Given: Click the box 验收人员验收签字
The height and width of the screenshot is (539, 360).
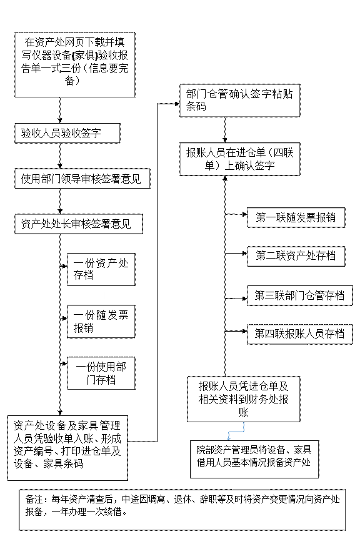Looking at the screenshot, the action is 67,134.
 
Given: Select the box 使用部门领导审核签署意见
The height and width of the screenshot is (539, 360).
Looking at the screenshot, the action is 82,179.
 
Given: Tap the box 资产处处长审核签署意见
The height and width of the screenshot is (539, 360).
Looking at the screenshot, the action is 78,224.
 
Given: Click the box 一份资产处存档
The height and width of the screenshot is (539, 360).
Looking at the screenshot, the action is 101,270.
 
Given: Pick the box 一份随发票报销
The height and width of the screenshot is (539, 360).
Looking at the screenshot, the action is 101,322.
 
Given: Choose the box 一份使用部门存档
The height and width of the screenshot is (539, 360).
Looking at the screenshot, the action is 101,373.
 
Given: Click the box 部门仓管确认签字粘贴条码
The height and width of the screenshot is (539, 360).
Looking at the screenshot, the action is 239,101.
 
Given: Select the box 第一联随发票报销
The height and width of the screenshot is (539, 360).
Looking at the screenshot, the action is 296,217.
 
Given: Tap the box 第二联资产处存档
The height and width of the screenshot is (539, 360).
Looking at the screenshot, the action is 296,257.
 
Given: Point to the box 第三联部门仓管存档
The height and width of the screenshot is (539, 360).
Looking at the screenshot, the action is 300,295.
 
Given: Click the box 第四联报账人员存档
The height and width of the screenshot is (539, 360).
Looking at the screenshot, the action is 300,334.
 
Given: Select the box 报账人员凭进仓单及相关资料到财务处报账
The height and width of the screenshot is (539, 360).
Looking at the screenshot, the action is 244,399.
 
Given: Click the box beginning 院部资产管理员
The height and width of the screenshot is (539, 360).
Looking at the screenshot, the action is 254,459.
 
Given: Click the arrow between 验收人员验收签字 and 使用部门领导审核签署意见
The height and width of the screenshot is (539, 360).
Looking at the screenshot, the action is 60,156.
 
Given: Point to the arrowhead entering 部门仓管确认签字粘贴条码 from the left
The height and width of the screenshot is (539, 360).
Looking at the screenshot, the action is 177,104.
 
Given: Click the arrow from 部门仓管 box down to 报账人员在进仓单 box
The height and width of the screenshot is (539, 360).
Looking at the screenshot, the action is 225,129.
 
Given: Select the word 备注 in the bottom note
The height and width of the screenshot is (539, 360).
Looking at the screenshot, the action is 34,500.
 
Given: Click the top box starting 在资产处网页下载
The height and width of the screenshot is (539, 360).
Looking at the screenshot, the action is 74,64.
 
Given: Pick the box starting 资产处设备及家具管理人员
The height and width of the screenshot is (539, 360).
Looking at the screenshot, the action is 67,448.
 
